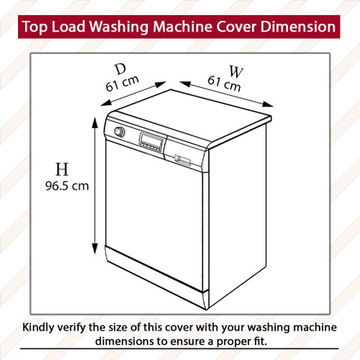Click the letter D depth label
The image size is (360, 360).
tap(121, 69)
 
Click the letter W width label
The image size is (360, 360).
tap(236, 71)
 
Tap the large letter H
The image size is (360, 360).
tap(61, 169)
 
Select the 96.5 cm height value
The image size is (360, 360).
tap(67, 186)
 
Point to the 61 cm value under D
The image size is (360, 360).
tap(122, 83)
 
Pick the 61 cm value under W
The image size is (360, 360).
tap(224, 84)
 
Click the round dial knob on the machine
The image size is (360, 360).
tap(120, 132)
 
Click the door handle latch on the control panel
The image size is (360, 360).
tap(182, 160)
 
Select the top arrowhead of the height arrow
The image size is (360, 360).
tap(94, 123)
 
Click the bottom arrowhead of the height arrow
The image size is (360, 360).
tap(94, 248)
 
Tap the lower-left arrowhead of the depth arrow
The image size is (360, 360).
tap(106, 103)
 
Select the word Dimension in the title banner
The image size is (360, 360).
tap(298, 26)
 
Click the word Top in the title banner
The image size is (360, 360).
tap(34, 27)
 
